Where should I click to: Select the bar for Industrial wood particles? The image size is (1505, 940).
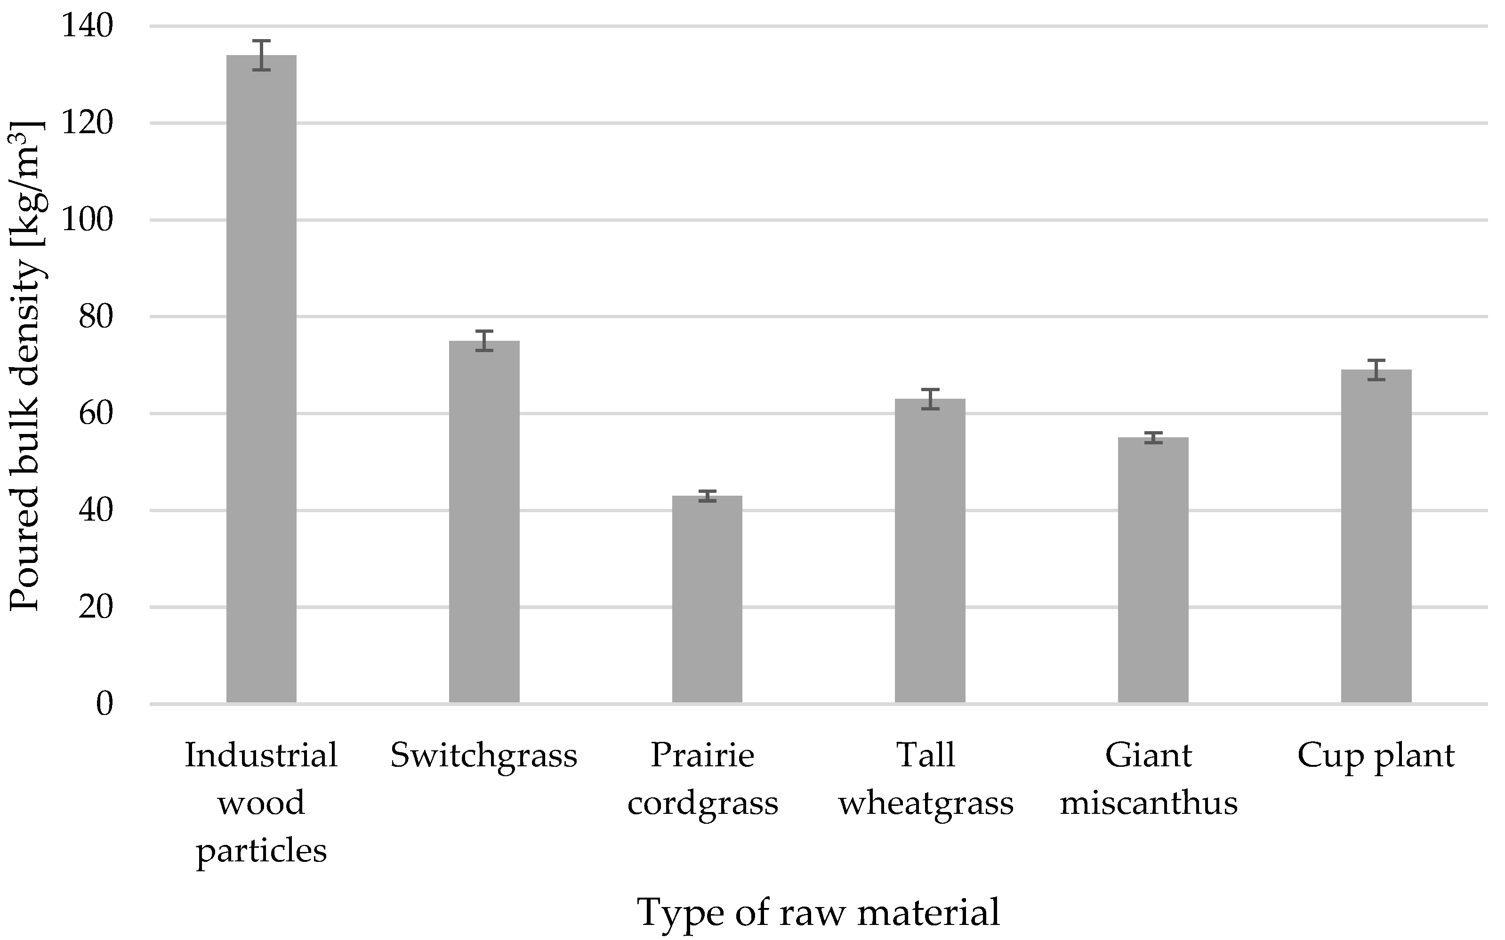261,379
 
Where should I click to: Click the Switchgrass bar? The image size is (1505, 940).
484,522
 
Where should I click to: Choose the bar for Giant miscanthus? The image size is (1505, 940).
1153,570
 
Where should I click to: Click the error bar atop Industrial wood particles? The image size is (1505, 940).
261,56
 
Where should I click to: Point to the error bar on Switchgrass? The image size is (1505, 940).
484,341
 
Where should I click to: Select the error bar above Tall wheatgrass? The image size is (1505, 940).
930,399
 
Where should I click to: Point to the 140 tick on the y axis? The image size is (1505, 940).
87,27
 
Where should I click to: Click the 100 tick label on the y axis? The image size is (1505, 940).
87,221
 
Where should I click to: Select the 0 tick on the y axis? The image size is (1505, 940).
105,704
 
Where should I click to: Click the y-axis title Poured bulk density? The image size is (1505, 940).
26,367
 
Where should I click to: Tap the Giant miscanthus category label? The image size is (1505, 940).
1149,779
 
